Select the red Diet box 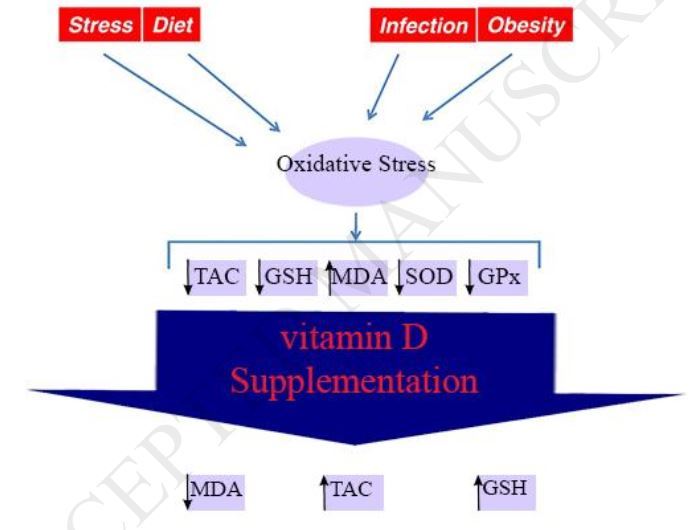click(x=173, y=25)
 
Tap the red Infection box click(x=422, y=26)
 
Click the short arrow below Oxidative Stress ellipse click(x=356, y=224)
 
